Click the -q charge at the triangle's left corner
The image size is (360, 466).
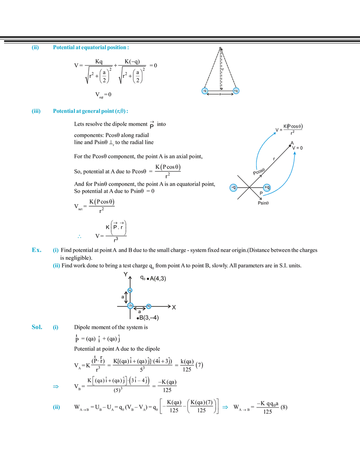[205, 90]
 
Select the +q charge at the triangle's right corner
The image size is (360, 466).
[236, 90]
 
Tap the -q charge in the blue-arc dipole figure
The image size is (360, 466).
[233, 187]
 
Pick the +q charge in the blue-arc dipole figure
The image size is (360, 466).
[267, 187]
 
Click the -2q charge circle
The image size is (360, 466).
[130, 305]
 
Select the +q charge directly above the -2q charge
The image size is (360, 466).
[130, 290]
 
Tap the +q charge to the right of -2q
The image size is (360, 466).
[149, 306]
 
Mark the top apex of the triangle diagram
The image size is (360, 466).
[220, 48]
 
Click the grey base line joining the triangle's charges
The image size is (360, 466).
[220, 92]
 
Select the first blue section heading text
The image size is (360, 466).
[91, 48]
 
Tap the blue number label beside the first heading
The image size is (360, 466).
[36, 49]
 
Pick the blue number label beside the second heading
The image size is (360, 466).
[36, 112]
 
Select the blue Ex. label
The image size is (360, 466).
[36, 250]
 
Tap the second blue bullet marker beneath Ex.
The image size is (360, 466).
[56, 267]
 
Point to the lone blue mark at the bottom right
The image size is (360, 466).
[225, 407]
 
